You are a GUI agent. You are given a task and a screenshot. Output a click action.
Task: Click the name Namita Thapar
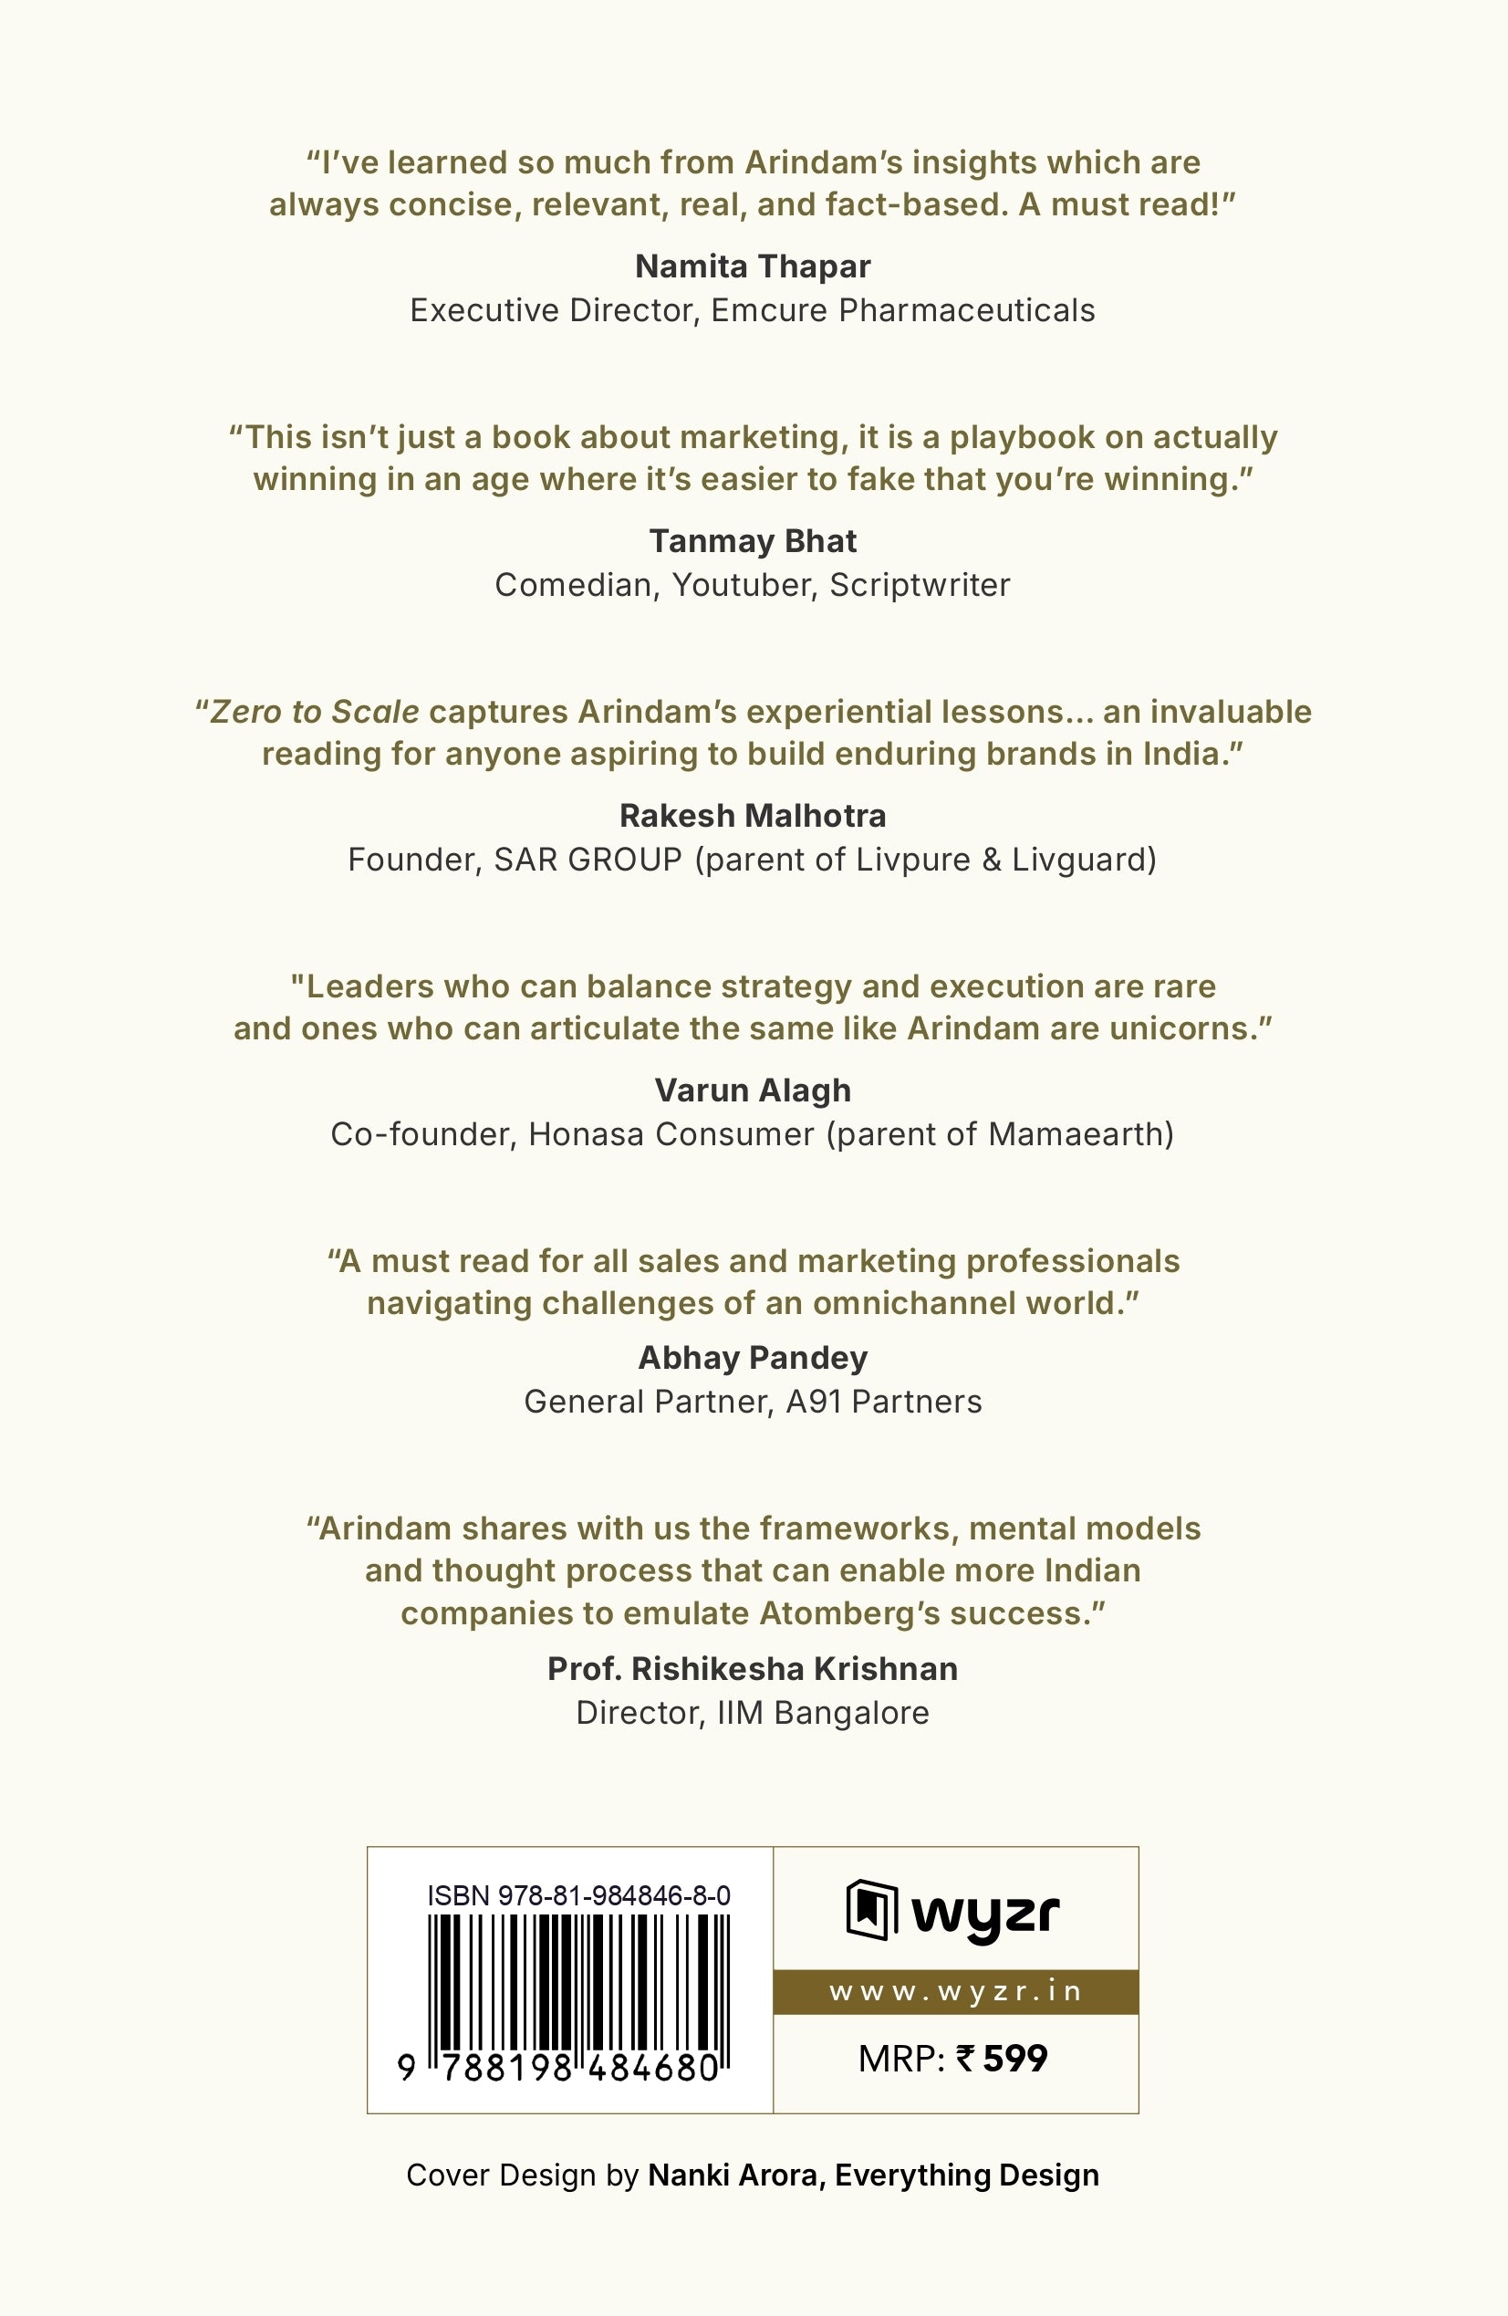tap(752, 266)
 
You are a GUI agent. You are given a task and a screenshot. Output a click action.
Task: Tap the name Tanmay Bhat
tap(752, 541)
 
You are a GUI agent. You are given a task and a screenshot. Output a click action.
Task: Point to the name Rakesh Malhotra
tap(752, 816)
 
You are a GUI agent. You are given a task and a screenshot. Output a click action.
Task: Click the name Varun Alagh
tap(752, 1090)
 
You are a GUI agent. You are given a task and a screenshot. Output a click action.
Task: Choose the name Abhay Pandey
tap(752, 1358)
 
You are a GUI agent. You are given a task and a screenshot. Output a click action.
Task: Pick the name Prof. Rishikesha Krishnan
tap(752, 1669)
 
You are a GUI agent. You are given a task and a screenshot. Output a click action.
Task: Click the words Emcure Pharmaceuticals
tap(903, 310)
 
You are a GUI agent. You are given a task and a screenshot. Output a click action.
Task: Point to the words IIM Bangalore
tap(823, 1713)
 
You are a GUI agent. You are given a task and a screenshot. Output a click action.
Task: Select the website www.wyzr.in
tap(955, 1992)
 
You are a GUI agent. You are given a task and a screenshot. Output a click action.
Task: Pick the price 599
tap(1014, 2059)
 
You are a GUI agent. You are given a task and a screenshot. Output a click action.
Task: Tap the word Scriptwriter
tap(920, 586)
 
